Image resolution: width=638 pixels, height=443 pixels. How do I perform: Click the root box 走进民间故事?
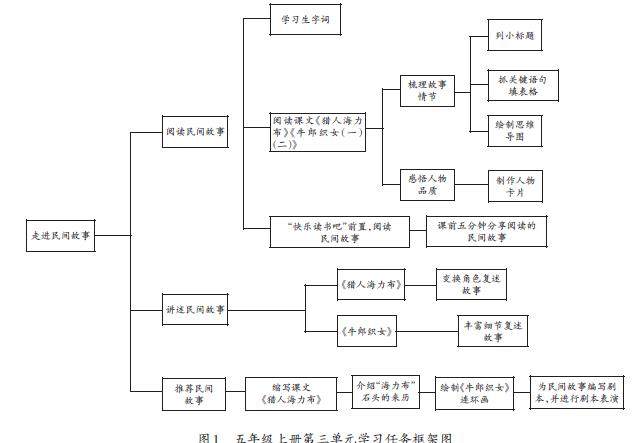(61, 236)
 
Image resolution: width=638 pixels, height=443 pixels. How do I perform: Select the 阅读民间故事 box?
(195, 130)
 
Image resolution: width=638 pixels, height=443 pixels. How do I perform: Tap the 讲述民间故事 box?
(195, 311)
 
